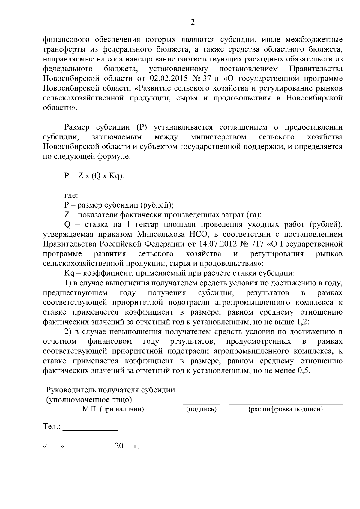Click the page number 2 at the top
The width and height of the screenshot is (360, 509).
(193, 22)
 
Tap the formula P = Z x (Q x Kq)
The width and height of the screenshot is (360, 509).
(94, 176)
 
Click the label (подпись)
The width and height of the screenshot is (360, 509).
(201, 409)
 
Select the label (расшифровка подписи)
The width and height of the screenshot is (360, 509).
(285, 409)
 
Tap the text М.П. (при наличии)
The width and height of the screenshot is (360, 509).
(113, 409)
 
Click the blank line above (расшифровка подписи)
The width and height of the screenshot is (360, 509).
(285, 403)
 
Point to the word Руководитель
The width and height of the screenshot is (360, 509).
(69, 390)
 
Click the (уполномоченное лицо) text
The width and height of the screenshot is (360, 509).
(89, 400)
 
